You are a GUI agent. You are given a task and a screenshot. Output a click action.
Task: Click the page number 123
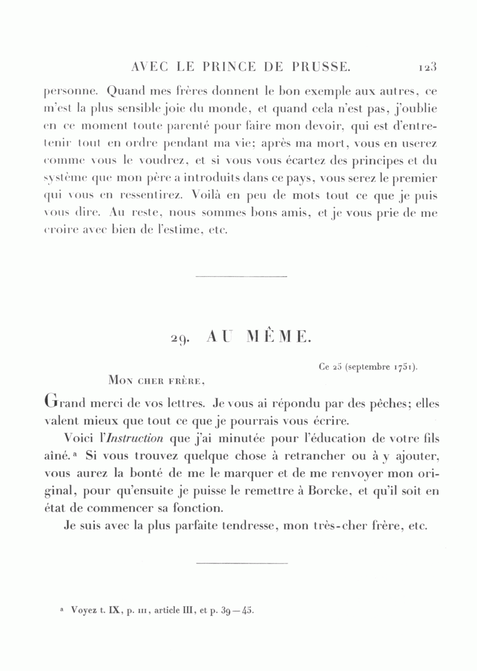tap(427, 67)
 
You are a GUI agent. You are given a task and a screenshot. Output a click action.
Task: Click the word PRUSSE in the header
tap(320, 67)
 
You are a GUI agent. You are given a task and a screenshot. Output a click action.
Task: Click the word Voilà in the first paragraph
tap(209, 196)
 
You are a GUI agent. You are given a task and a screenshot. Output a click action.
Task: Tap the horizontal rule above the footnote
tap(241, 563)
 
